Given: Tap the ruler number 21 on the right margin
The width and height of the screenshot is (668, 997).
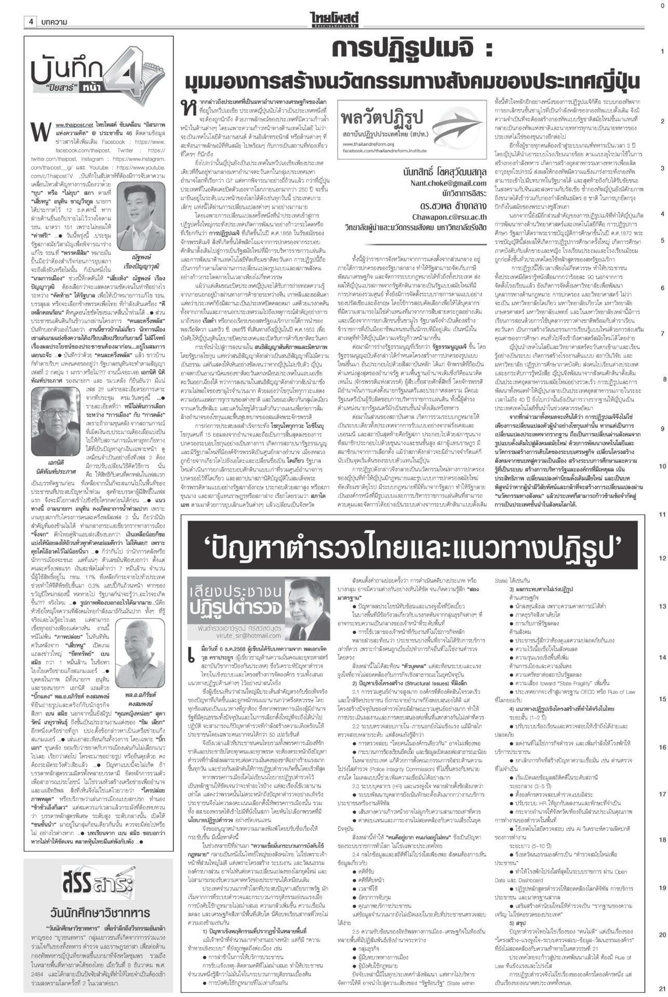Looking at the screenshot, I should pyautogui.click(x=662, y=989).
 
